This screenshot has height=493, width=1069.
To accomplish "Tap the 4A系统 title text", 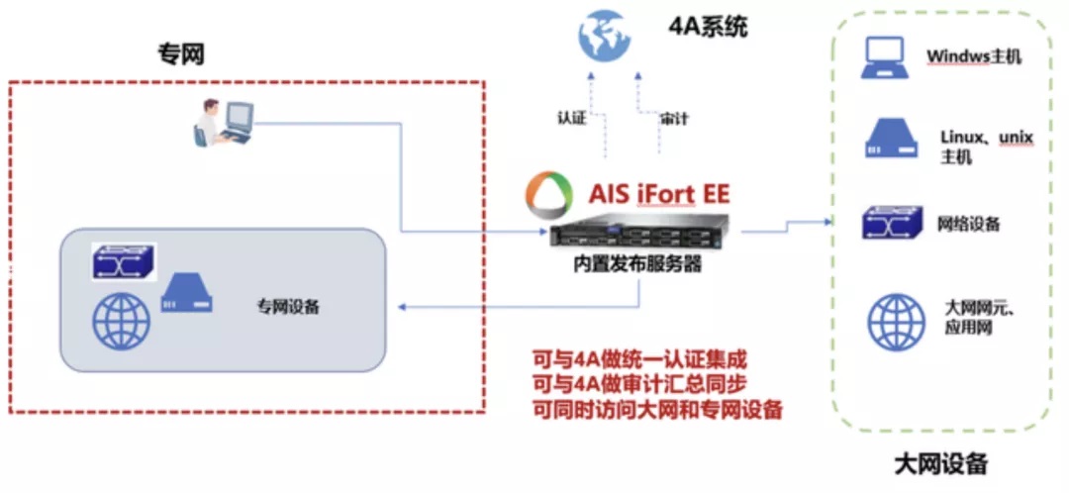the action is pyautogui.click(x=709, y=27).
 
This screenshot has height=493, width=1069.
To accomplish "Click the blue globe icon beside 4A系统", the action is pyautogui.click(x=605, y=34).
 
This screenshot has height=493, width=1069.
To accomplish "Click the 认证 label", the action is pyautogui.click(x=572, y=119).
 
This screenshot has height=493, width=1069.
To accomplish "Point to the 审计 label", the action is pyautogui.click(x=674, y=119).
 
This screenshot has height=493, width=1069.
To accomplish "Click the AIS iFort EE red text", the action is pyautogui.click(x=659, y=194).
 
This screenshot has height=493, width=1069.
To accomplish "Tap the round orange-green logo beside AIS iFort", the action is pyautogui.click(x=547, y=194).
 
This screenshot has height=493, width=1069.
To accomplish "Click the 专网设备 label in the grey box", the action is pyautogui.click(x=288, y=307).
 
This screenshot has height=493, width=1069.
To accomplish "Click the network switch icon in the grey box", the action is pyautogui.click(x=124, y=260).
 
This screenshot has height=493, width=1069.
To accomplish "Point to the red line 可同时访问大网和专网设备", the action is pyautogui.click(x=657, y=411).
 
